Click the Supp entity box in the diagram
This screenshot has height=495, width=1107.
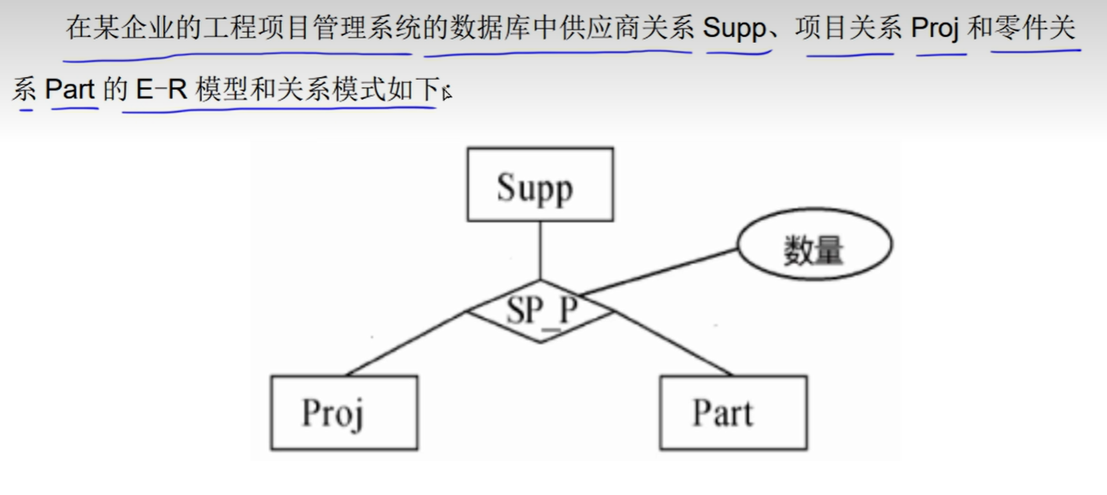pos(539,185)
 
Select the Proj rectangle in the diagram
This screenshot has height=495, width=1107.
pos(344,413)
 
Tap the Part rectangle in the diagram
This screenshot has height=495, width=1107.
pos(733,413)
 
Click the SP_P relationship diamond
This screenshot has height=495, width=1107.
pos(541,311)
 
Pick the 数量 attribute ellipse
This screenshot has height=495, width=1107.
pos(813,245)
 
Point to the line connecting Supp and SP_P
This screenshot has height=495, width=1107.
pos(540,250)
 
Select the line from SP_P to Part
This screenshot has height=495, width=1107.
pos(673,344)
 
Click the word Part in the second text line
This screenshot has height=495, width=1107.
pos(70,90)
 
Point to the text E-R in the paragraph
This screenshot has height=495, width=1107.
pos(160,90)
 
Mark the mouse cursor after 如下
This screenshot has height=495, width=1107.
pos(447,92)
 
